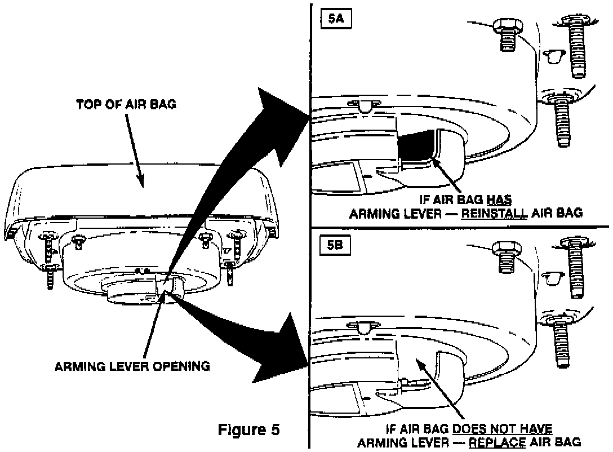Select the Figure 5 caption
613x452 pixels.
pyautogui.click(x=248, y=429)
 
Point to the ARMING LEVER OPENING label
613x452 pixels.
pyautogui.click(x=132, y=366)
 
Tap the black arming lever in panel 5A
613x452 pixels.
pyautogui.click(x=417, y=148)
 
